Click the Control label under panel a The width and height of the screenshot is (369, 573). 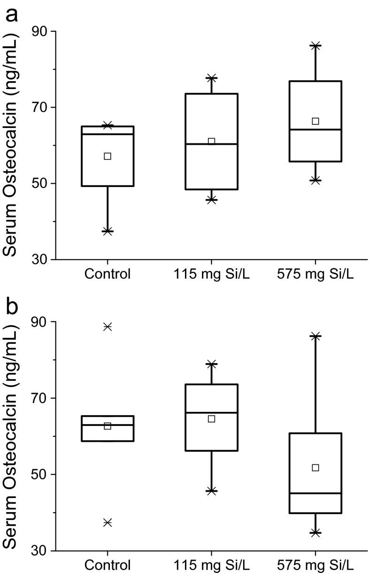[x=108, y=274]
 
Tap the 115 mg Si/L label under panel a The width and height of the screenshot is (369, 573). [x=212, y=274]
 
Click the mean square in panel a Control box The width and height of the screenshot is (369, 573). [x=108, y=156]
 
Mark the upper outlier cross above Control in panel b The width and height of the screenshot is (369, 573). [x=108, y=327]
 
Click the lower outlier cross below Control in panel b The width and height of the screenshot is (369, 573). [x=108, y=522]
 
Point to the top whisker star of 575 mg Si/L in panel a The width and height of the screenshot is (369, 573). [x=315, y=45]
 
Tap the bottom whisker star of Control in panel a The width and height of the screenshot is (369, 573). [x=108, y=231]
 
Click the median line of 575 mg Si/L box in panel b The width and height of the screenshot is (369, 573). [x=315, y=493]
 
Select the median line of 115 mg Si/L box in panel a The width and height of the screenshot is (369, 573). [x=212, y=144]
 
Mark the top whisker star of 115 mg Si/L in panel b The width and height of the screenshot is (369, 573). [x=212, y=364]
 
